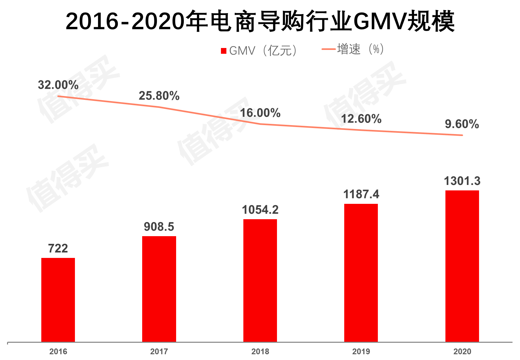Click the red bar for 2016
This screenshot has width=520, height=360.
58,300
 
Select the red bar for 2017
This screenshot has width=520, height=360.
159,289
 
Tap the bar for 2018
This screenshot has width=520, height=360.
260,281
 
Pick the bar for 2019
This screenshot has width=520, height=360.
361,273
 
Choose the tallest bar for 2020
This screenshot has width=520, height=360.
462,266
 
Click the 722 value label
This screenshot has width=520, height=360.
58,248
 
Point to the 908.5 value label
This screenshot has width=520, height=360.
159,227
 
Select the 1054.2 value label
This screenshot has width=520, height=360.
260,210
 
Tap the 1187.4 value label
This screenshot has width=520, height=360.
361,194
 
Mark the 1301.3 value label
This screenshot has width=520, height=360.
462,181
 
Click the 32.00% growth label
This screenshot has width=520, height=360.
58,85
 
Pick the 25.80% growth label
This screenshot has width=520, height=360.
159,96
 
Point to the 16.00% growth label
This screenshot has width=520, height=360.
260,113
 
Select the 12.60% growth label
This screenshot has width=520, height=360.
361,119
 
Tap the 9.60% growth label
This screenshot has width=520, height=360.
462,124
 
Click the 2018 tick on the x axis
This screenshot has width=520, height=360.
260,351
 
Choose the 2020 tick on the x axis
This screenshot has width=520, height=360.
462,351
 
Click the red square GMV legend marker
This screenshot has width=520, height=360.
224,51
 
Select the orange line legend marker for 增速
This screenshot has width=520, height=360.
329,49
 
